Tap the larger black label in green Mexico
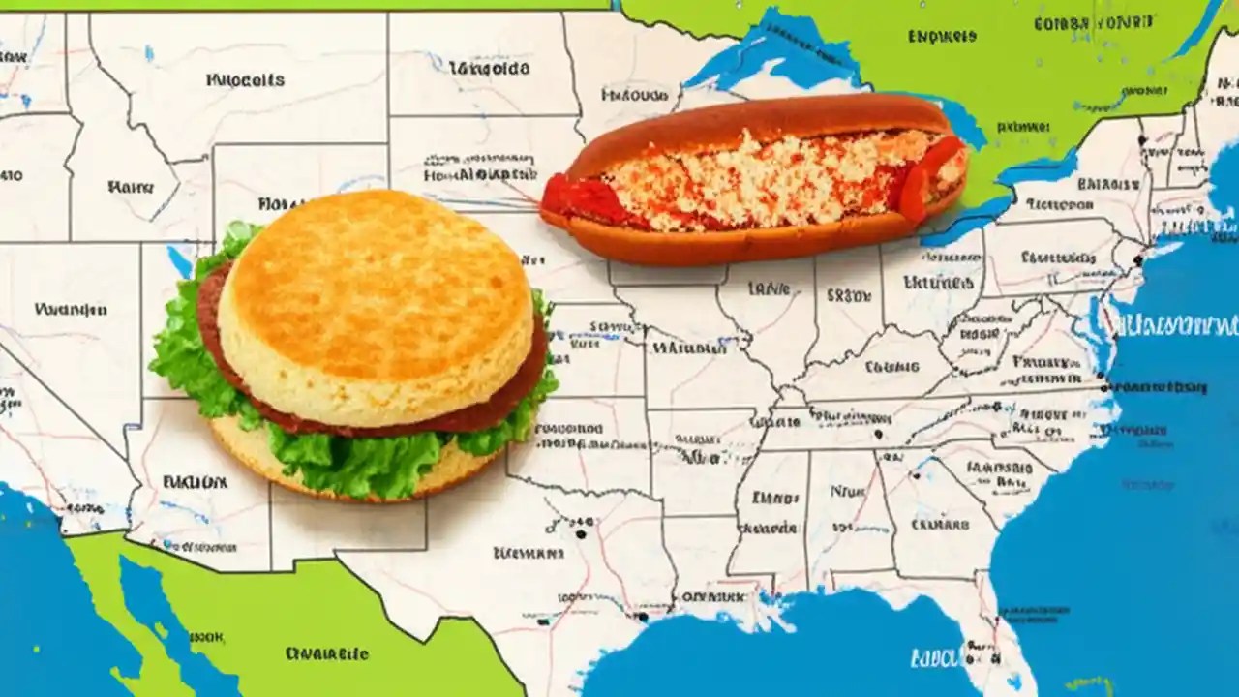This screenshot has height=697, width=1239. [x=325, y=653]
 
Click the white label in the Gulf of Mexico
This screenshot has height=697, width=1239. [x=934, y=658]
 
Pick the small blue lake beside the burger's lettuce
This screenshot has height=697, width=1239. [x=180, y=259]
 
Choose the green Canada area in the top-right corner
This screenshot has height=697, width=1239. [x=1065, y=58]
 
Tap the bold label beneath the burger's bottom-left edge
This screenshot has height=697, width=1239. [x=195, y=480]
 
